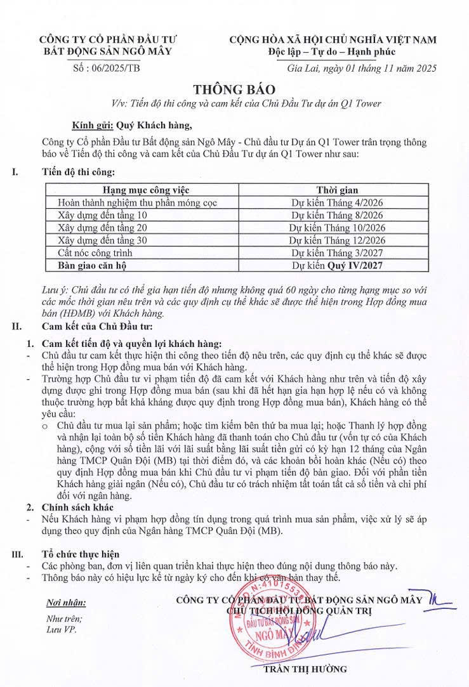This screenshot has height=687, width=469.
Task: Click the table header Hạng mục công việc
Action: (x=146, y=190)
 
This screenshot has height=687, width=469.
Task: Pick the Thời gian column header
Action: (x=337, y=190)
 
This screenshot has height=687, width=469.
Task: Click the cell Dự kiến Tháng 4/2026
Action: (x=337, y=202)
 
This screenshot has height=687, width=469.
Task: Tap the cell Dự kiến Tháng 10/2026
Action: (x=337, y=228)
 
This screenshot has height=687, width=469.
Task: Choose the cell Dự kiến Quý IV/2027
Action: (x=337, y=265)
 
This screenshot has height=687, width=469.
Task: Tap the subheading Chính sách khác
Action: (x=77, y=507)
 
